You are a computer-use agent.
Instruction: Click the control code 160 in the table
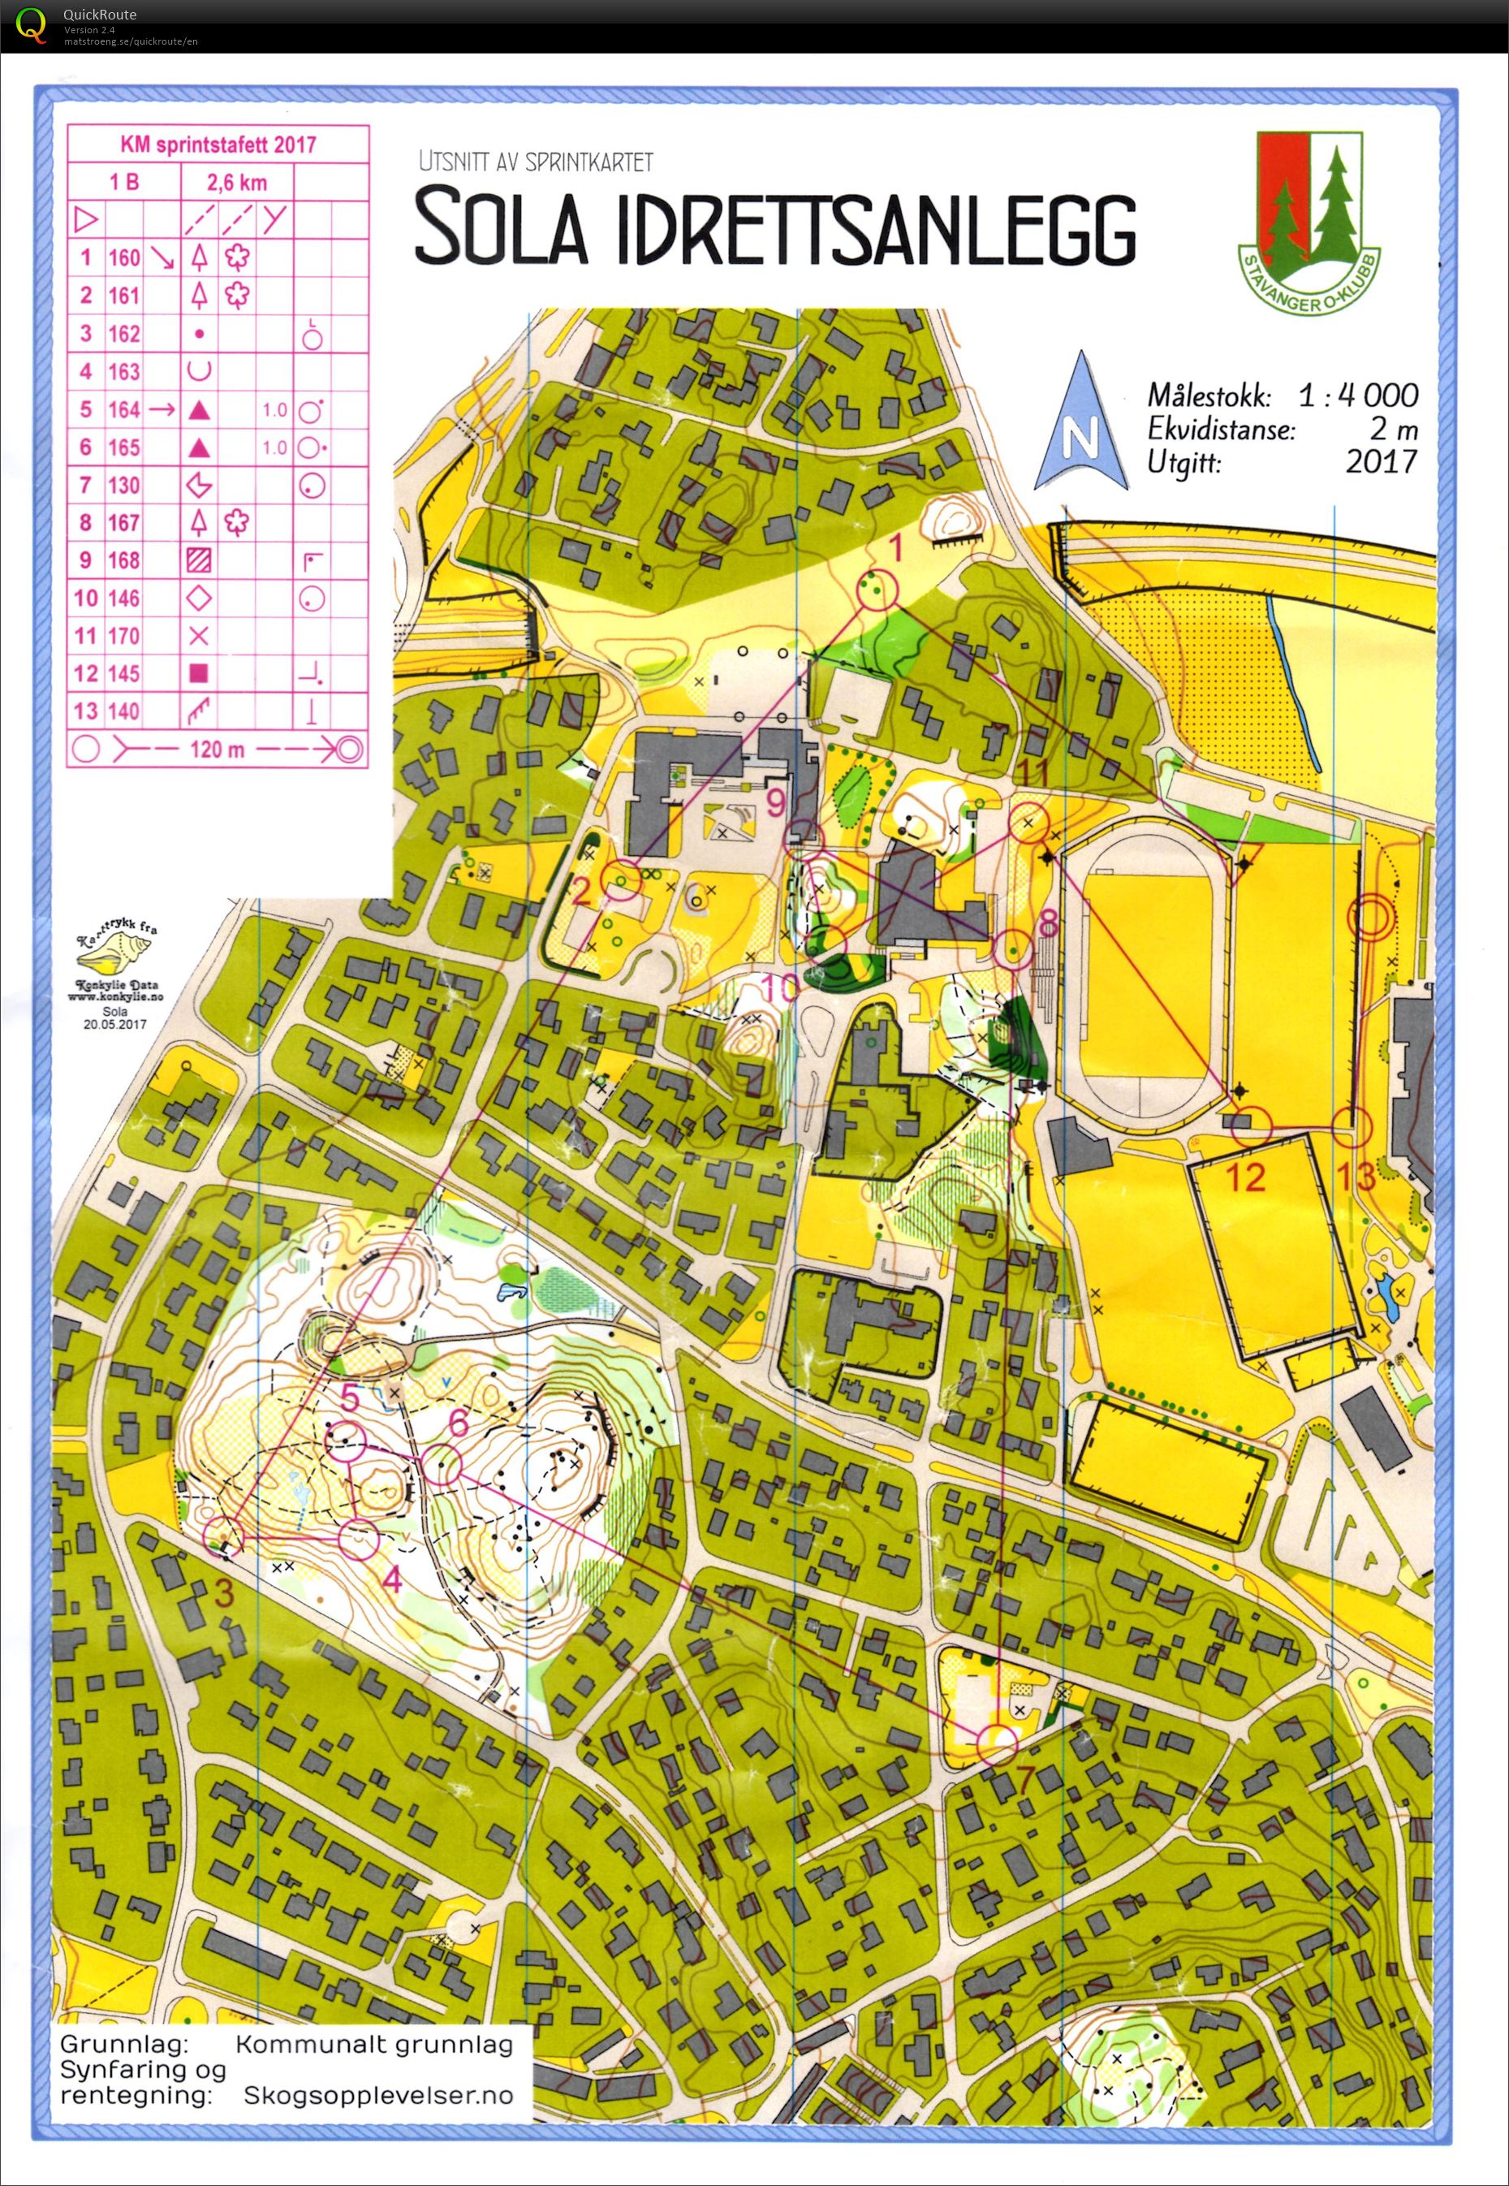[124, 257]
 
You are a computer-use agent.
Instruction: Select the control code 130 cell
[124, 486]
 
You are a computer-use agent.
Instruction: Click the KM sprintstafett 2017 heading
[218, 145]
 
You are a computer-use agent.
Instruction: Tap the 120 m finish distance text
[217, 750]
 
